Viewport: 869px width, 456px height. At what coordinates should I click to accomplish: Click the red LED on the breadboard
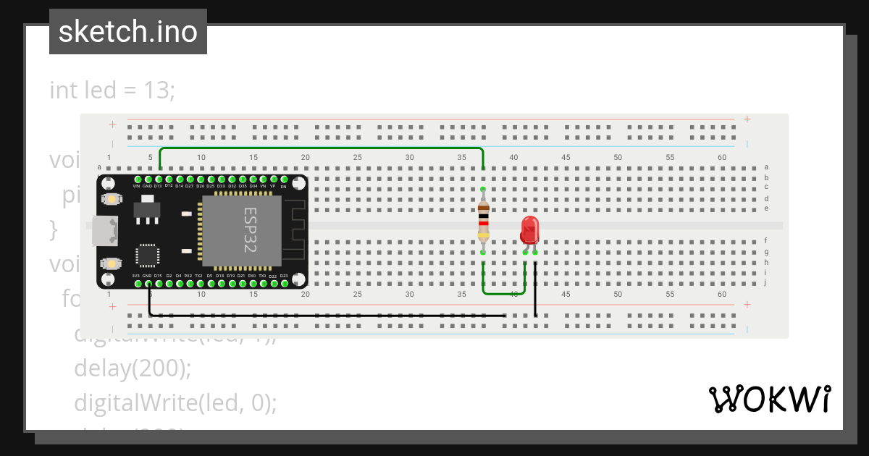coord(529,231)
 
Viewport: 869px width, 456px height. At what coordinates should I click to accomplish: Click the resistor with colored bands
coord(483,221)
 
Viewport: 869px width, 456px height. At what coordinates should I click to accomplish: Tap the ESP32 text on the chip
coord(249,229)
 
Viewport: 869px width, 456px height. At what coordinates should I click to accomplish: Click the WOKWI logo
coord(769,400)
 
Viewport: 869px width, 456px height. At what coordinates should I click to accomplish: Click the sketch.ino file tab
coord(128,32)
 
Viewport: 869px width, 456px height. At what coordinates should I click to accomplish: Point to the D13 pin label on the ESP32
coord(158,186)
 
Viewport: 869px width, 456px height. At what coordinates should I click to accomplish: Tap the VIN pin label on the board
coord(136,186)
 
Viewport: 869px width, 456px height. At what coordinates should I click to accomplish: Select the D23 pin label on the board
coord(284,276)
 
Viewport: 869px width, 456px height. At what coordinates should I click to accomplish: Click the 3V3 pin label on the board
coord(136,276)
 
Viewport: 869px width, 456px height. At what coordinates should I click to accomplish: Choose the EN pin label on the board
coord(284,187)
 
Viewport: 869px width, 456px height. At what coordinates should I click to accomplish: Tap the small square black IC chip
coord(147,256)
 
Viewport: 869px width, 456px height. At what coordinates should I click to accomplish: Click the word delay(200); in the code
coord(133,368)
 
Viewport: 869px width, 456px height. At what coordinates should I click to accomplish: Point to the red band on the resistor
coord(483,223)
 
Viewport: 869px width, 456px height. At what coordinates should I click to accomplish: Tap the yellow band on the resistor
coord(483,235)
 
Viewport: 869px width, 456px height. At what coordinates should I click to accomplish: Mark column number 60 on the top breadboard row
coord(721,158)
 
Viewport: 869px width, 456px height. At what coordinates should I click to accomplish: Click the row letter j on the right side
coord(766,283)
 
